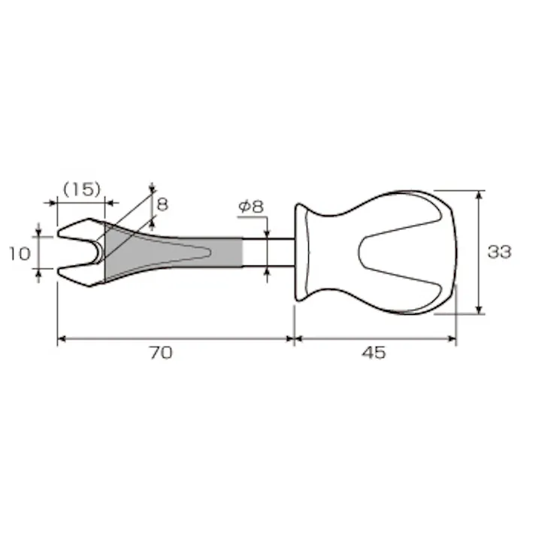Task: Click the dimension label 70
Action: coord(161,353)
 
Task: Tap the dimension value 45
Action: coord(374,353)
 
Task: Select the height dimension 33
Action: coord(499,252)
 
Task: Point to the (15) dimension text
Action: coord(82,189)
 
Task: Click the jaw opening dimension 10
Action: coord(20,253)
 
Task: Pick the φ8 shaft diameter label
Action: coord(251,207)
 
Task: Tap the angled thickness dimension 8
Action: coord(162,204)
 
